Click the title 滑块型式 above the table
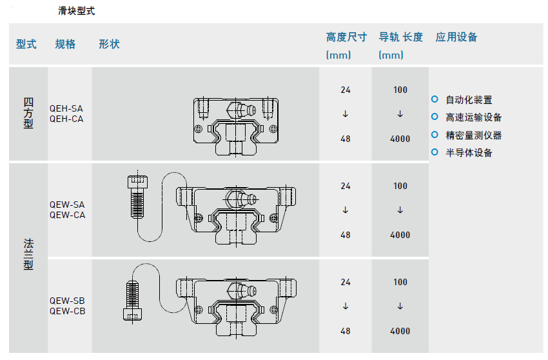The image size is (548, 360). click(77, 11)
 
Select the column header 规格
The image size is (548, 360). click(65, 44)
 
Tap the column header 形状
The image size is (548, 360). click(109, 44)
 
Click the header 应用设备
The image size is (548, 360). click(456, 37)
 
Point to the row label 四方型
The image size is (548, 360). click(28, 114)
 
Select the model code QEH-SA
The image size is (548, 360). click(66, 109)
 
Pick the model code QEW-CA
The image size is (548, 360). click(67, 215)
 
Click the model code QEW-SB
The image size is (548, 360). click(67, 301)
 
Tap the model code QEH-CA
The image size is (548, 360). click(66, 119)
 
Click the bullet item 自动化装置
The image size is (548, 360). click(469, 100)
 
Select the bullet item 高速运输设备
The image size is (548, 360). click(473, 117)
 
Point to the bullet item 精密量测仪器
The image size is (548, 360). click(473, 135)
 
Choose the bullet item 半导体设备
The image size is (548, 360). click(469, 153)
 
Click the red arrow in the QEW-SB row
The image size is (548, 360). click(400, 306)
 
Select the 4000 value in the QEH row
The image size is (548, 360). click(400, 139)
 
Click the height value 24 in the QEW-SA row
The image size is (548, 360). click(346, 186)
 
